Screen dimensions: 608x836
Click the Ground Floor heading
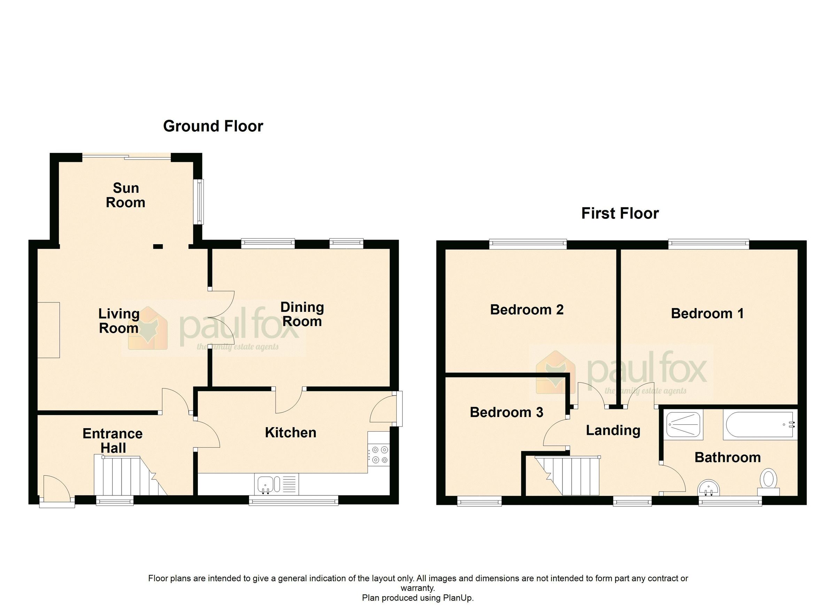(213, 126)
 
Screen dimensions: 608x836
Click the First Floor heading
(620, 214)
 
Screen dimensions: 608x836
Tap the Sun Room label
(125, 195)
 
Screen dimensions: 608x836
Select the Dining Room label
(302, 314)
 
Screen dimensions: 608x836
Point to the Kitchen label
(291, 432)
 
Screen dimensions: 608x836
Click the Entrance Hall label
(113, 441)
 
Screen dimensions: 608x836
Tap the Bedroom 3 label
(506, 412)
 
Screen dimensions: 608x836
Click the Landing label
(613, 430)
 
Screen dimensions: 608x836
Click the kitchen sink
(265, 484)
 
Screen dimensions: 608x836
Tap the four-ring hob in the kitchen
(379, 455)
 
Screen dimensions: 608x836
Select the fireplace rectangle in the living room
(48, 330)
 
